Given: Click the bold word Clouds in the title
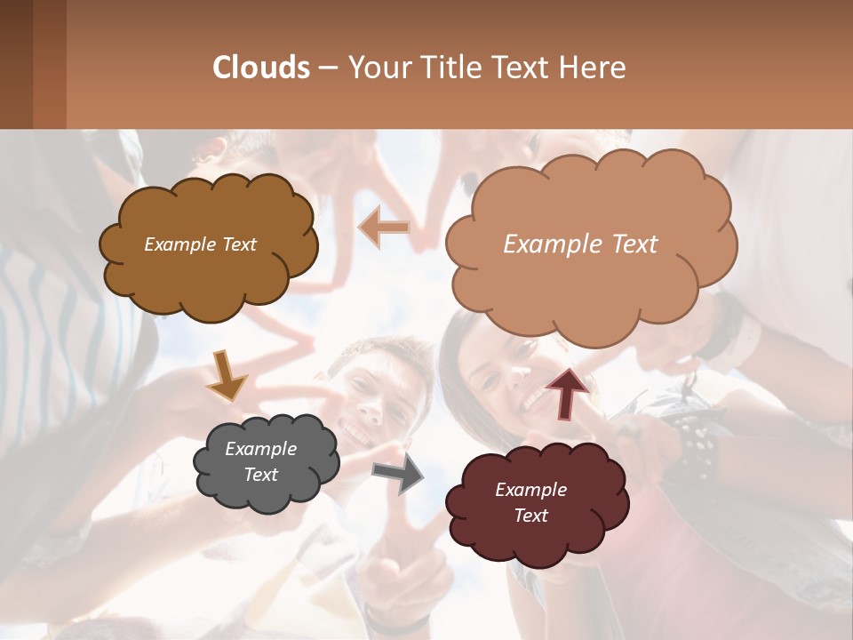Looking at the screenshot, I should pos(261,68).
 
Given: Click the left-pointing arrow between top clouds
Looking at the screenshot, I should pos(384,228).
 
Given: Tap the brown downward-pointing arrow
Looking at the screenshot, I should pos(227,373).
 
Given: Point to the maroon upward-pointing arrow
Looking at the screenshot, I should pos(567,391).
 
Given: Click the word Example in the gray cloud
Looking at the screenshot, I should pos(260,449).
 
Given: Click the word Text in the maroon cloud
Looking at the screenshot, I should pos(530,516).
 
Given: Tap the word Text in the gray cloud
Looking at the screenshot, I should pos(260,475).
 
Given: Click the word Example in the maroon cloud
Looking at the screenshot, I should pos(530,490).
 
